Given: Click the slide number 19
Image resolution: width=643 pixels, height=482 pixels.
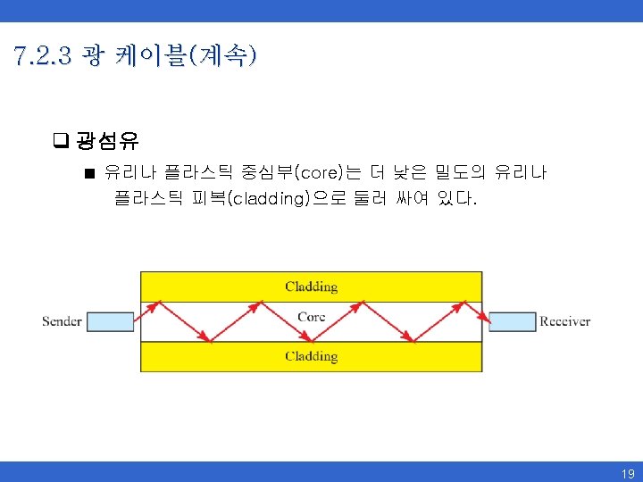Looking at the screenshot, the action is pos(628,474).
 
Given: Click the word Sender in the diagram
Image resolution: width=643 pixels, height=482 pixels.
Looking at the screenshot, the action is pos(62,321).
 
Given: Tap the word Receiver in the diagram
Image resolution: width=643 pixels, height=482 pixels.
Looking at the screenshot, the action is pos(564,321).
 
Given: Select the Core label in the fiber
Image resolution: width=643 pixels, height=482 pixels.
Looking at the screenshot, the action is pos(311,317).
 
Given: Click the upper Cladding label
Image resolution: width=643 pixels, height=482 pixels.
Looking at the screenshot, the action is pos(311,287).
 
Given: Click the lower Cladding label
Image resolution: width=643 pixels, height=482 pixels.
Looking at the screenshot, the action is pos(311,356).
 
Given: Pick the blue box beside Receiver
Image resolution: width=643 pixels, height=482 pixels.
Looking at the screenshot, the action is pos(511,321).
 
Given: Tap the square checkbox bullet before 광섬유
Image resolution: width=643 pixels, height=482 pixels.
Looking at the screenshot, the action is pos(61,139).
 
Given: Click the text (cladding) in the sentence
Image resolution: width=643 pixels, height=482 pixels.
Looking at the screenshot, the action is pos(269,198).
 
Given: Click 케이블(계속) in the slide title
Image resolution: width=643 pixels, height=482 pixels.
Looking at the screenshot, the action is pos(186,58).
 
